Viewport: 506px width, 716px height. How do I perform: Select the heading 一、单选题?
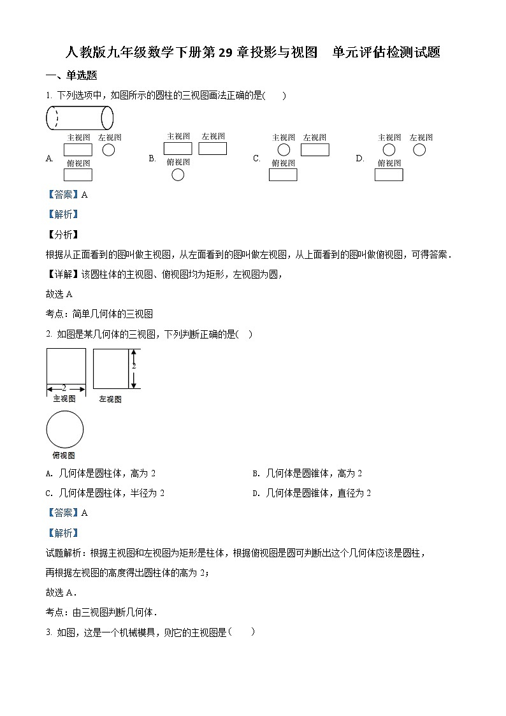coord(71,75)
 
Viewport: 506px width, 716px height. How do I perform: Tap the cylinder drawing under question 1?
coord(80,118)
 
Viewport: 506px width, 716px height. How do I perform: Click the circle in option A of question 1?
coord(109,150)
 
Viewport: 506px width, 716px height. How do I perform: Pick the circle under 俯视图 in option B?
coord(178,175)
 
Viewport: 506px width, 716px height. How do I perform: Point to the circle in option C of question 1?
coord(284,150)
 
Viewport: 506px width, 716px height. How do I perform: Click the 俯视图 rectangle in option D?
coord(388,175)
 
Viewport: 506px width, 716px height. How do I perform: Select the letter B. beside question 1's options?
coord(152,158)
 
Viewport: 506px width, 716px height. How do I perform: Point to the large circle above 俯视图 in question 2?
coord(65,429)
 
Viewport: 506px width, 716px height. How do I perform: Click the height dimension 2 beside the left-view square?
coord(134,366)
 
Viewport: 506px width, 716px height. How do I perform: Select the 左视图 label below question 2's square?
coord(110,399)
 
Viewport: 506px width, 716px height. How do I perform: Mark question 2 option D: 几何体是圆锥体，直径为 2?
coord(312,493)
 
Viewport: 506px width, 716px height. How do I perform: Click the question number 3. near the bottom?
coord(48,632)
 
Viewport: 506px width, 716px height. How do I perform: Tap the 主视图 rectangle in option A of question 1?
coord(78,150)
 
